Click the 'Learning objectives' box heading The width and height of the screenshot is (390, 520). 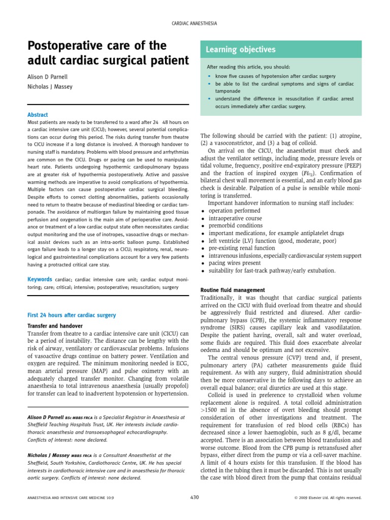[x=240, y=50]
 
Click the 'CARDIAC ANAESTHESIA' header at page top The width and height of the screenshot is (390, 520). [x=195, y=23]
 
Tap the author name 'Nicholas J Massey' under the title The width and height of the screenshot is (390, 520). [x=50, y=87]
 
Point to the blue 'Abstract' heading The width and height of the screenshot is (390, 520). [x=39, y=115]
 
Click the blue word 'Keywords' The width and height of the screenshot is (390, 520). [x=40, y=279]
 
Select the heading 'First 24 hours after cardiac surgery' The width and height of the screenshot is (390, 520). [x=71, y=315]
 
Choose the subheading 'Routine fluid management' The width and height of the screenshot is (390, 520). [x=232, y=290]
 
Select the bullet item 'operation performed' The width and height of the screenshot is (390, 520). [x=234, y=210]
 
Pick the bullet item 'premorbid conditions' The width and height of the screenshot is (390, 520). [x=235, y=225]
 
